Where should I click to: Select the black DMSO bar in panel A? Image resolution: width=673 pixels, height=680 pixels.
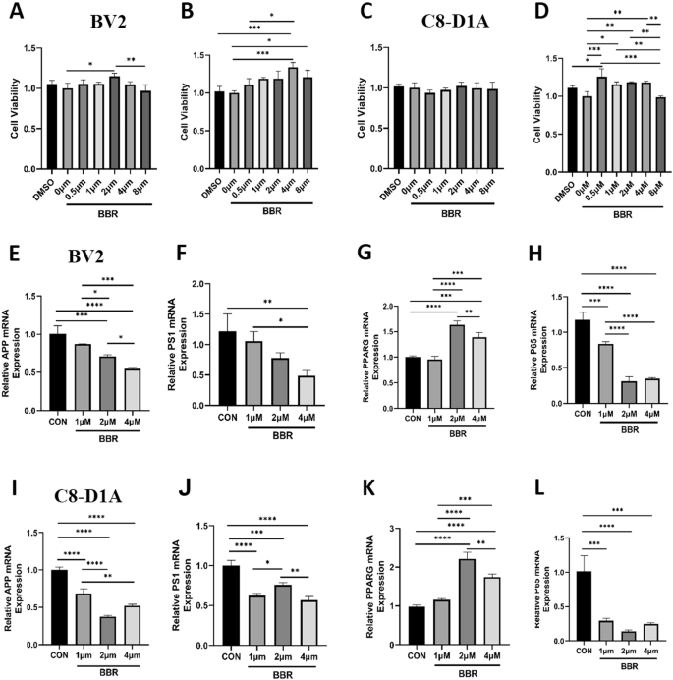point(51,128)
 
